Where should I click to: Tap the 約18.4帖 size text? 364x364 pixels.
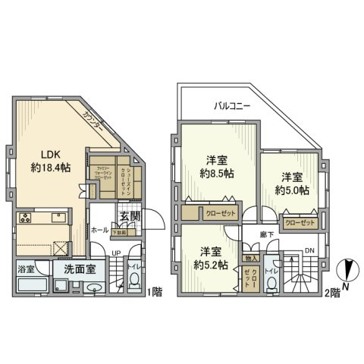coord(51,168)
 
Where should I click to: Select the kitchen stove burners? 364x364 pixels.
coord(24,219)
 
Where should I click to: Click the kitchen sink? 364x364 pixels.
coord(58,219)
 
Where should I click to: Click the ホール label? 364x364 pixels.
coord(99,228)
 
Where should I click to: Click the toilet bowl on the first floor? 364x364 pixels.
coord(134,282)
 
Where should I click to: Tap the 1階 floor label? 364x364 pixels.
coord(155,291)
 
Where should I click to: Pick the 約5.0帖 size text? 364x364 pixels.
coord(293,191)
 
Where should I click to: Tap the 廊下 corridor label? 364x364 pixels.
coord(266,236)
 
